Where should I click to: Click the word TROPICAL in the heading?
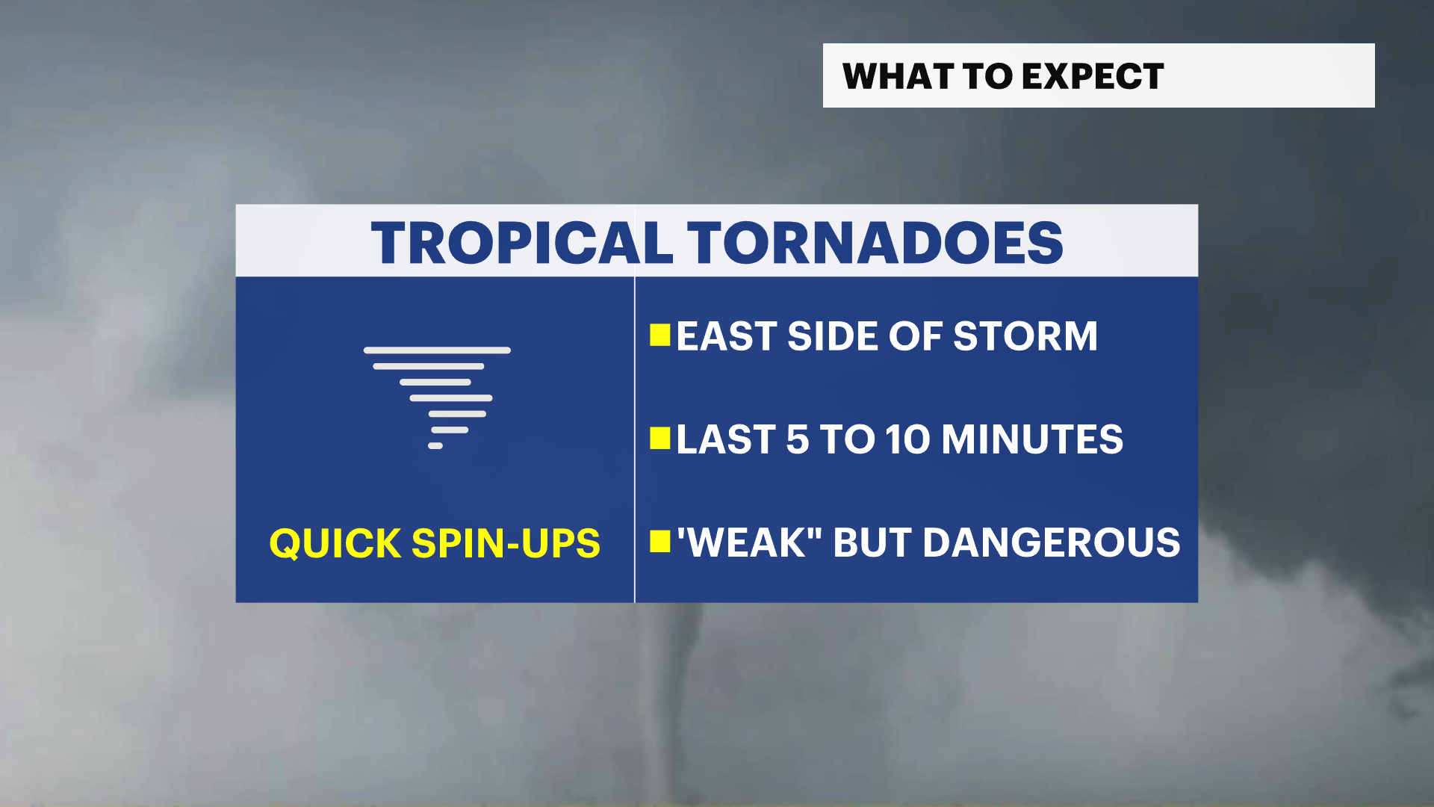click(x=522, y=243)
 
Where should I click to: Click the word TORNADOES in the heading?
click(x=875, y=243)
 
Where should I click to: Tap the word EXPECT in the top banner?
click(x=1093, y=76)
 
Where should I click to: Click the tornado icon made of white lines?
click(x=437, y=398)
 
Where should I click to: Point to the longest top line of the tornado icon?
click(x=437, y=350)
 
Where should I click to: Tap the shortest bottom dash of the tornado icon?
click(x=435, y=446)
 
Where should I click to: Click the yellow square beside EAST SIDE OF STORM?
click(x=660, y=336)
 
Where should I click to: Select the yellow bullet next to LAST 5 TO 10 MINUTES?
click(x=660, y=439)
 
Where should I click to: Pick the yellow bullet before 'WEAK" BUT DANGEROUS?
click(x=660, y=542)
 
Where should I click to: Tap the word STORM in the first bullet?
click(x=1025, y=336)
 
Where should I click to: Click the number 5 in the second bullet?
click(x=798, y=439)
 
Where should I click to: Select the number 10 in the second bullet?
click(x=907, y=439)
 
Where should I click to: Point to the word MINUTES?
click(x=1032, y=439)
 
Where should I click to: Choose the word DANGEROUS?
click(x=1052, y=542)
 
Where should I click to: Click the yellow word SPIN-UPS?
click(x=506, y=543)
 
